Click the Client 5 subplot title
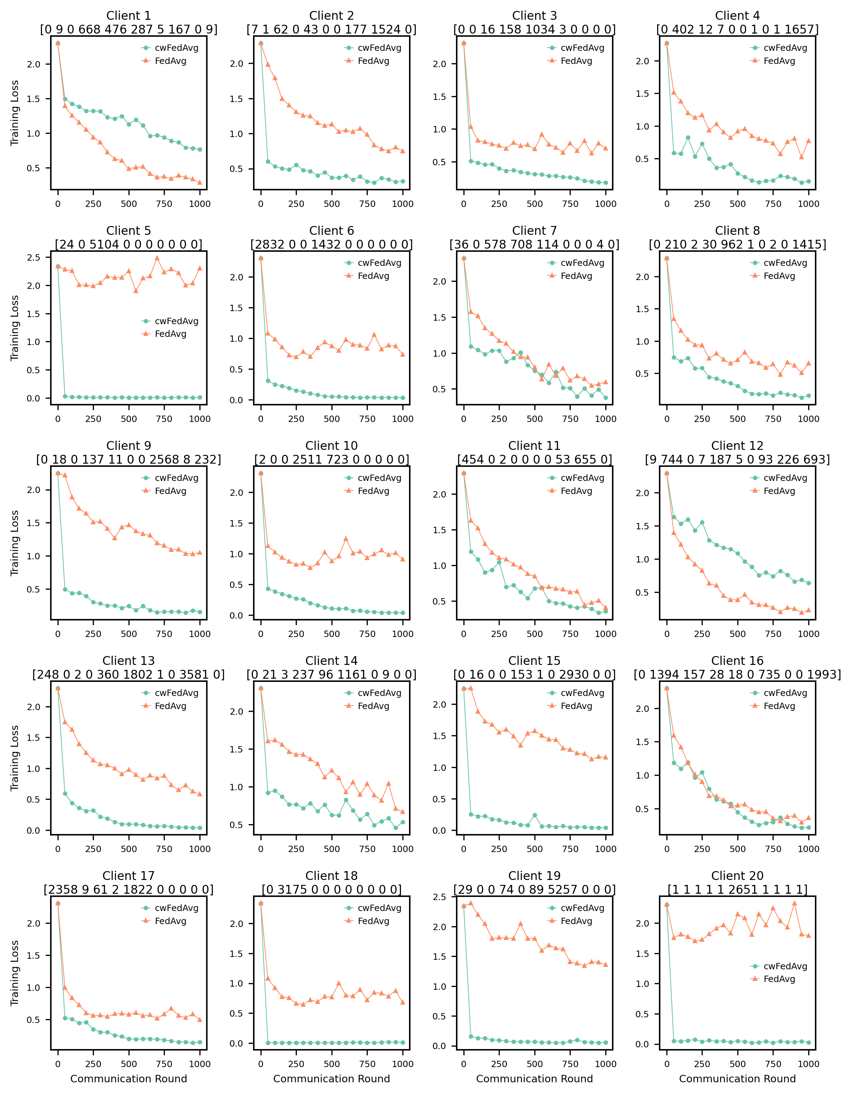128,231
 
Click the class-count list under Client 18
331,889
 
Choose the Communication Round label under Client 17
128,1078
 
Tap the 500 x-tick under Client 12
737,634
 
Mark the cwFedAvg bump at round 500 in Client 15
535,815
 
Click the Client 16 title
737,661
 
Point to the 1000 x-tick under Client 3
605,203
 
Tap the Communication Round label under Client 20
737,1078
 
